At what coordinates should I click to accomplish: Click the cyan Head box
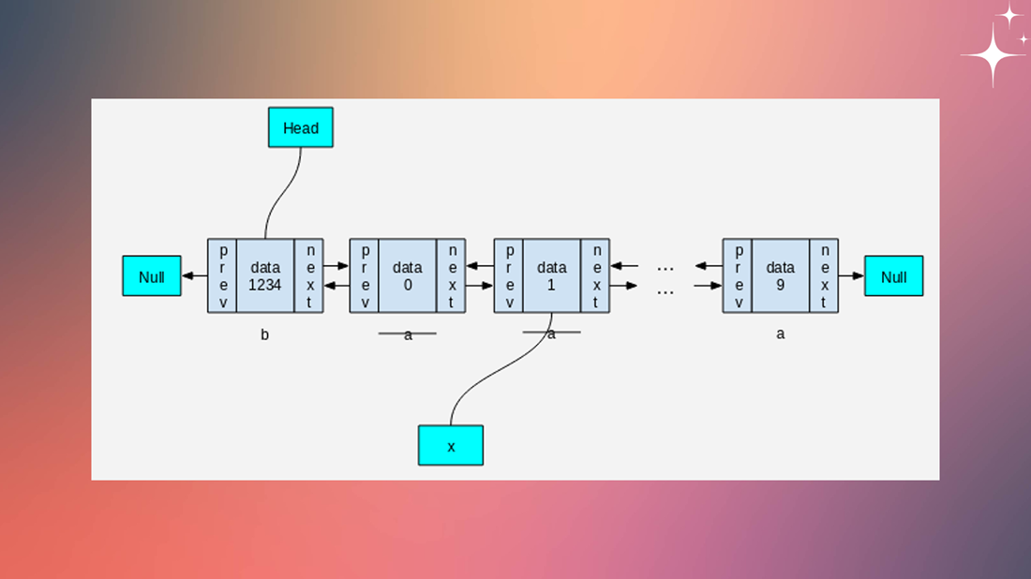coord(300,127)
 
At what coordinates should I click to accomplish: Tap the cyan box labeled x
coord(450,445)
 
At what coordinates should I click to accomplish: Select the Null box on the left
coord(151,275)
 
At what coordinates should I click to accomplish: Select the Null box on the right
coord(893,275)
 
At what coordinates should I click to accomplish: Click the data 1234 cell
coord(265,275)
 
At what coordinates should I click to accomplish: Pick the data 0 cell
coord(408,275)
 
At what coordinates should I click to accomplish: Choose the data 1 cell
coord(552,275)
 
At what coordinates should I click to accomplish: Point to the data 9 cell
coord(780,275)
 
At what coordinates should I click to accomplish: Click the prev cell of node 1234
coord(222,275)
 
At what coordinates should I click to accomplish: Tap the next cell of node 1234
coord(308,275)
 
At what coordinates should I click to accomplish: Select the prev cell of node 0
coord(365,275)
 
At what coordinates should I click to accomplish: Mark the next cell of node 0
coord(451,275)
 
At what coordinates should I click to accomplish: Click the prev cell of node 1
coord(509,275)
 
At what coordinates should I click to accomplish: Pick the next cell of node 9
coord(824,275)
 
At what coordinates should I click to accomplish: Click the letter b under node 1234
coord(264,334)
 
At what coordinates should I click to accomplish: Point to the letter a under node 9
coord(780,334)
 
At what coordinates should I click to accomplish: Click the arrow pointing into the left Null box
coord(194,275)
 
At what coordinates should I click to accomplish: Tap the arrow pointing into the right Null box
coord(851,275)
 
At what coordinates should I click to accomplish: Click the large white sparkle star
coord(993,55)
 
